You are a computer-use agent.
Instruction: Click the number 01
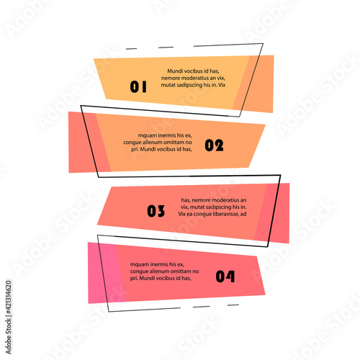[x=138, y=86]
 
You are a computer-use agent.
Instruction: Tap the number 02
[x=214, y=145]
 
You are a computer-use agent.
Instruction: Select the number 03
[x=156, y=211]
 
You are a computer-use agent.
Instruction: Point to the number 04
[x=225, y=276]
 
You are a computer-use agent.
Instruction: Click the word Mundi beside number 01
[x=175, y=71]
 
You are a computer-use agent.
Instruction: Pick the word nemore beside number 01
[x=169, y=78]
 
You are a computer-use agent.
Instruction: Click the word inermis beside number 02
[x=166, y=135]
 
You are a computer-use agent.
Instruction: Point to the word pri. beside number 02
[x=135, y=149]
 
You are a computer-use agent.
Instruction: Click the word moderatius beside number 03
[x=225, y=200]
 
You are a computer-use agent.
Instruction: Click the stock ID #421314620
[x=9, y=297]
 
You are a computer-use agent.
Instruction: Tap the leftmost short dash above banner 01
[x=131, y=49]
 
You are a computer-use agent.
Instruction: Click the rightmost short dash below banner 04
[x=233, y=305]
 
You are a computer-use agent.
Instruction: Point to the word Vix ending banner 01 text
[x=222, y=85]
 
